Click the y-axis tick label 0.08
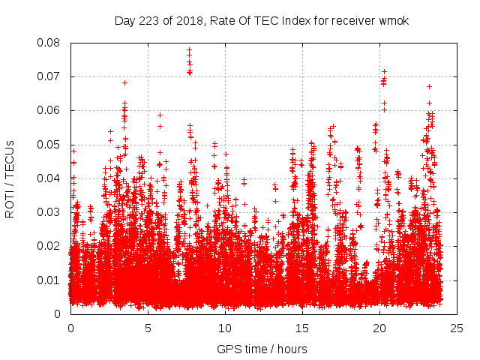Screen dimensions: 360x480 (51, 43)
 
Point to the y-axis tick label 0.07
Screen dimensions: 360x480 (51, 76)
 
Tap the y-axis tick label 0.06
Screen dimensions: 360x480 (51, 110)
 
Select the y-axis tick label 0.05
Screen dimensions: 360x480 (51, 145)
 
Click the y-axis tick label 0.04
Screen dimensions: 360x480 (51, 178)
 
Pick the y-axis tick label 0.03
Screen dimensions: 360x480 (51, 212)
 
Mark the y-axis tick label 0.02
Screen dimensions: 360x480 (51, 246)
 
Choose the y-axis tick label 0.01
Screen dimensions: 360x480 (51, 280)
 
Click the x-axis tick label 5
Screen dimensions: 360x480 (148, 328)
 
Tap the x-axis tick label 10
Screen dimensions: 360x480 (225, 328)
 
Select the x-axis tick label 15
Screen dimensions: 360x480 (302, 328)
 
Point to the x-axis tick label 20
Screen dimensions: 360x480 (379, 328)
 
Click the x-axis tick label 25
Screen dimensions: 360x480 (457, 328)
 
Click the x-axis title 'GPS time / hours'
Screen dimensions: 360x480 (262, 349)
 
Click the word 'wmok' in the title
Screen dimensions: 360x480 (394, 20)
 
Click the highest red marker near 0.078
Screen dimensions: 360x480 (189, 50)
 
